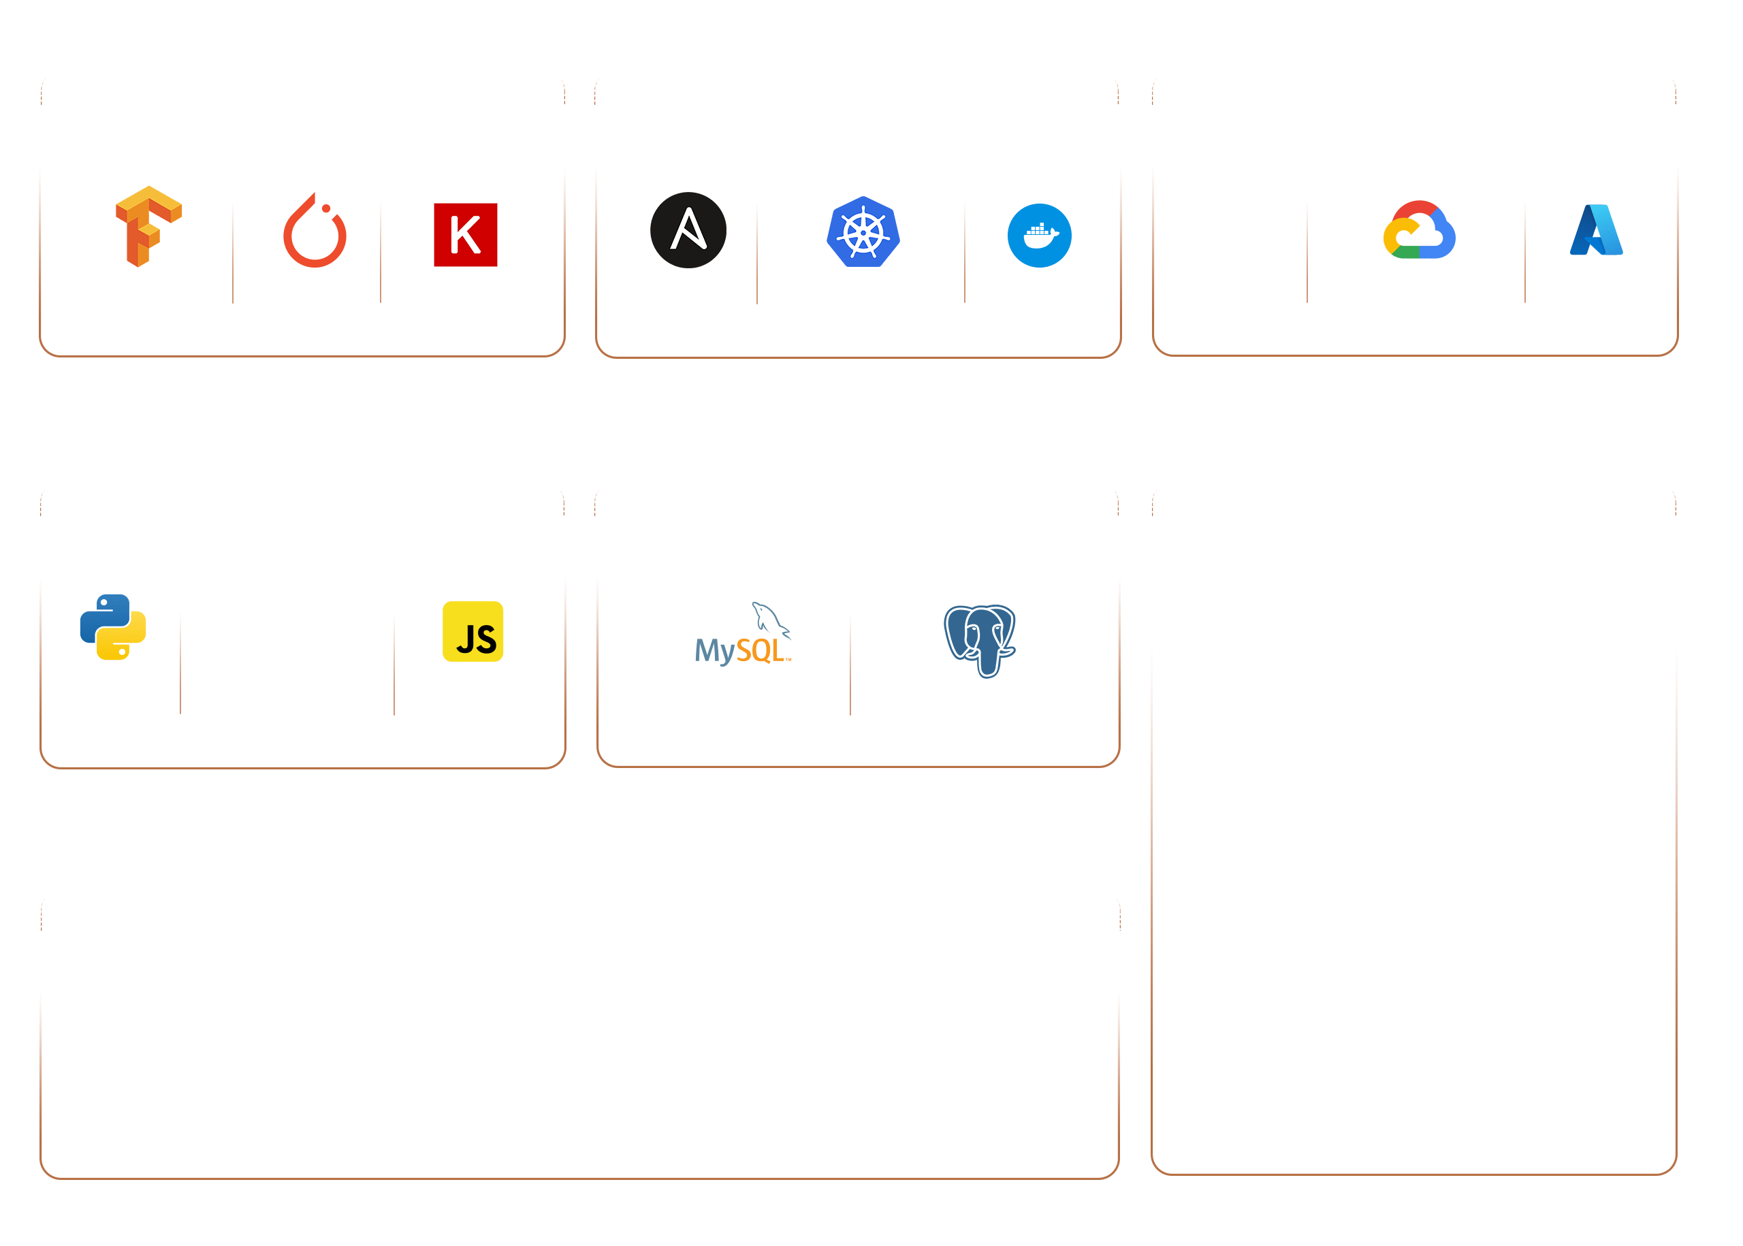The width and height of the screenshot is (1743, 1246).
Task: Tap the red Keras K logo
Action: click(x=465, y=235)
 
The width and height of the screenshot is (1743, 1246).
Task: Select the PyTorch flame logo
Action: click(x=315, y=231)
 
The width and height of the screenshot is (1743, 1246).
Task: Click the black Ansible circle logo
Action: click(x=688, y=230)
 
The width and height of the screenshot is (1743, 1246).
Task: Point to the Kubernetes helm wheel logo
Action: click(x=863, y=231)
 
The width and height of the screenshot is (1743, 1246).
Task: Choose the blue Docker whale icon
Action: click(x=1039, y=236)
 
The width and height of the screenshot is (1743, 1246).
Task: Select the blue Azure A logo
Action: click(x=1597, y=230)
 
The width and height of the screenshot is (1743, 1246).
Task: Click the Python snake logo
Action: click(x=114, y=627)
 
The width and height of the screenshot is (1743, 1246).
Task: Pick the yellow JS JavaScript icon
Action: click(x=473, y=631)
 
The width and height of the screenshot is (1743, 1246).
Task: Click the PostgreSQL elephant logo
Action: click(x=980, y=639)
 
